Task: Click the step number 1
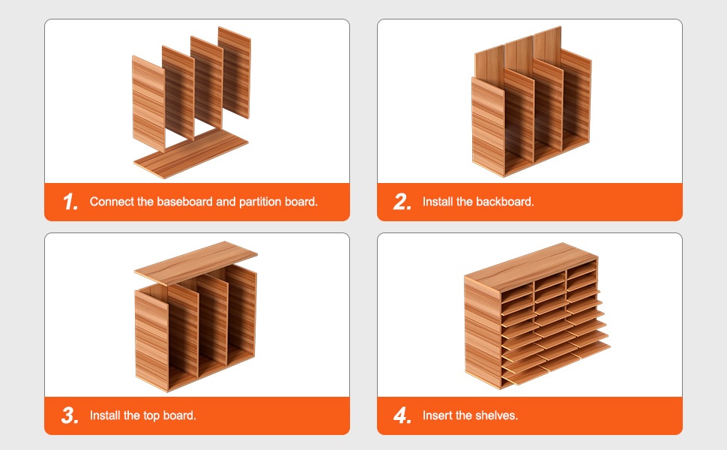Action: pos(70,202)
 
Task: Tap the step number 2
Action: pos(402,202)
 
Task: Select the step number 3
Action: pos(70,415)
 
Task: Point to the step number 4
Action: pos(402,415)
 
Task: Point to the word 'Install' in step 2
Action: pos(438,202)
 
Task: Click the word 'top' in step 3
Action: pos(151,415)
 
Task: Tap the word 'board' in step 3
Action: pos(179,415)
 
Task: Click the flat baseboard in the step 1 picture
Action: pos(191,153)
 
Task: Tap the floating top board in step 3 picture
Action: pos(196,263)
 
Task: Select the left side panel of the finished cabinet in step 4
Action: pos(483,331)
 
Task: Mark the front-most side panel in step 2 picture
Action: pos(488,127)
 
